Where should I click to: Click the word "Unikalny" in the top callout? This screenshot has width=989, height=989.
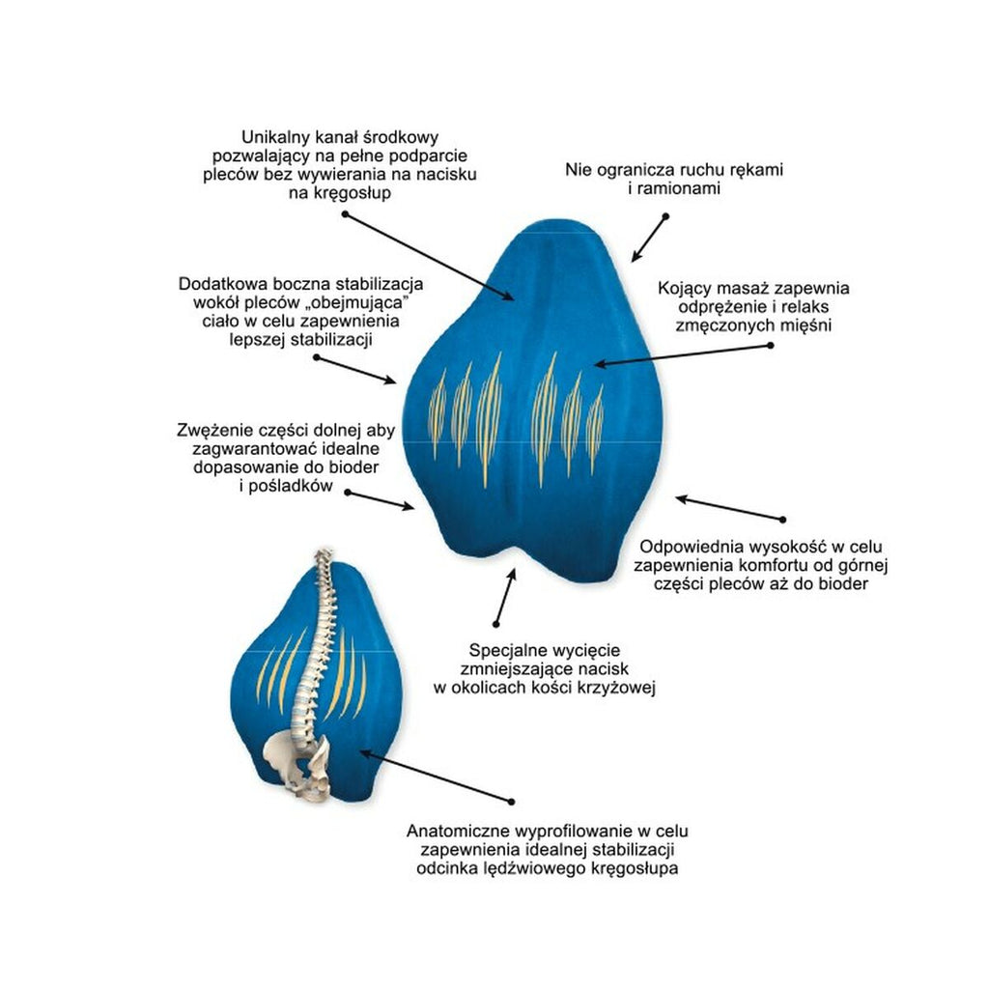[x=275, y=138]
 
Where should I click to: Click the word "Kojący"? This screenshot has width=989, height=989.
[x=685, y=288]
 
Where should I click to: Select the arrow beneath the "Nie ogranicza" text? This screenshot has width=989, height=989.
[x=649, y=238]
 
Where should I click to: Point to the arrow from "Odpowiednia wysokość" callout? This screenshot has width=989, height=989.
[x=729, y=509]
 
